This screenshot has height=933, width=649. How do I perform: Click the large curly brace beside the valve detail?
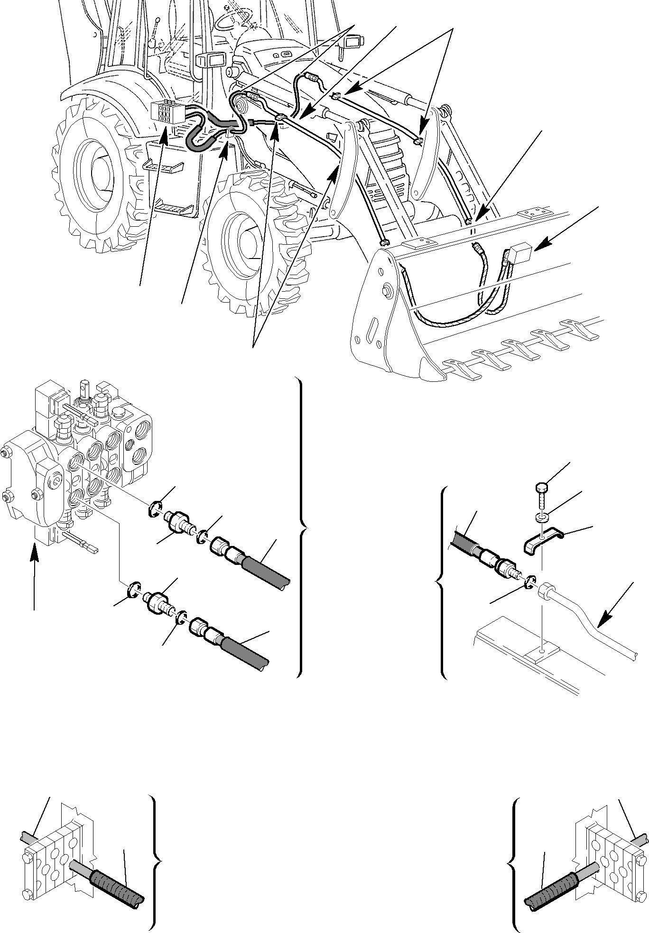point(302,527)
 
